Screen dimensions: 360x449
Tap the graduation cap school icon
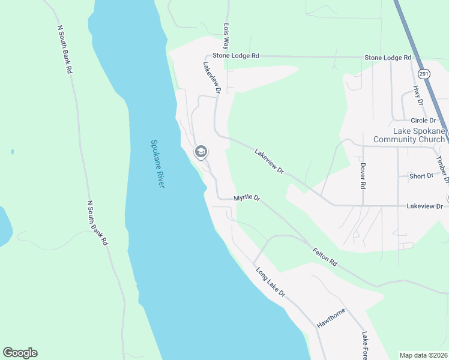click(201, 152)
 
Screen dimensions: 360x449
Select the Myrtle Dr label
click(247, 197)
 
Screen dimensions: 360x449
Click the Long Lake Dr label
click(270, 283)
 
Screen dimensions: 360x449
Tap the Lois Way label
click(227, 36)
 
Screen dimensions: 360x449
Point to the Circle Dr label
click(423, 120)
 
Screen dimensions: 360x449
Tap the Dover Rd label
click(363, 176)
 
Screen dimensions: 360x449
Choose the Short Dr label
click(421, 176)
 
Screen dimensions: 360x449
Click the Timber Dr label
click(442, 169)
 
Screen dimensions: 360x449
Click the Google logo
click(20, 353)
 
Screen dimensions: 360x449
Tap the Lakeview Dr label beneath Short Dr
click(424, 206)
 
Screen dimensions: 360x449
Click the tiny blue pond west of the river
click(12, 152)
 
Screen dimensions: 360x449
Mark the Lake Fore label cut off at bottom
click(364, 346)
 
